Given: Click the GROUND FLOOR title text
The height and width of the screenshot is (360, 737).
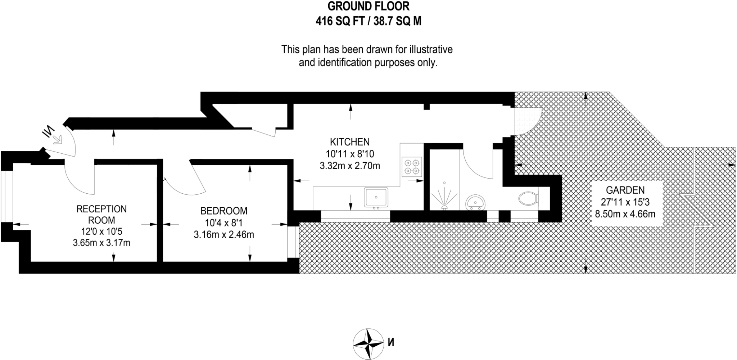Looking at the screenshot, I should (368, 6).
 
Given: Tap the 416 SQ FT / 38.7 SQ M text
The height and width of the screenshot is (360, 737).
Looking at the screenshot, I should (368, 21).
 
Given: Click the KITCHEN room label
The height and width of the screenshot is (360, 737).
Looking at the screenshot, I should (350, 142).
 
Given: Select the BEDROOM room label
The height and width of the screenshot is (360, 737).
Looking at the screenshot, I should (224, 211).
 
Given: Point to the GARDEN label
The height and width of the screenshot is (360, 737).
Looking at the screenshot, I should (625, 190).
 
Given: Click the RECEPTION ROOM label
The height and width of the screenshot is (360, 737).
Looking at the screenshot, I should (101, 215).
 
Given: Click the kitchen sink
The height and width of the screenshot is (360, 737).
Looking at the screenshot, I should (376, 197).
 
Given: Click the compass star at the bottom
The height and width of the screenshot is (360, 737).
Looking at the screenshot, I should (368, 343).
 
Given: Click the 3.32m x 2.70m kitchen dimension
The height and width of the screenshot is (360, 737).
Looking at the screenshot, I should (350, 166).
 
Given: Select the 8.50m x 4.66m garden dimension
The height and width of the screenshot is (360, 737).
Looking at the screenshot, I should (625, 214).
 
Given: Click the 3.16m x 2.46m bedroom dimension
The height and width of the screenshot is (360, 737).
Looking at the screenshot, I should (224, 235).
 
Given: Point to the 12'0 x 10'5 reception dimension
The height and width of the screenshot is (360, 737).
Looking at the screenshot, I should (101, 231).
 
